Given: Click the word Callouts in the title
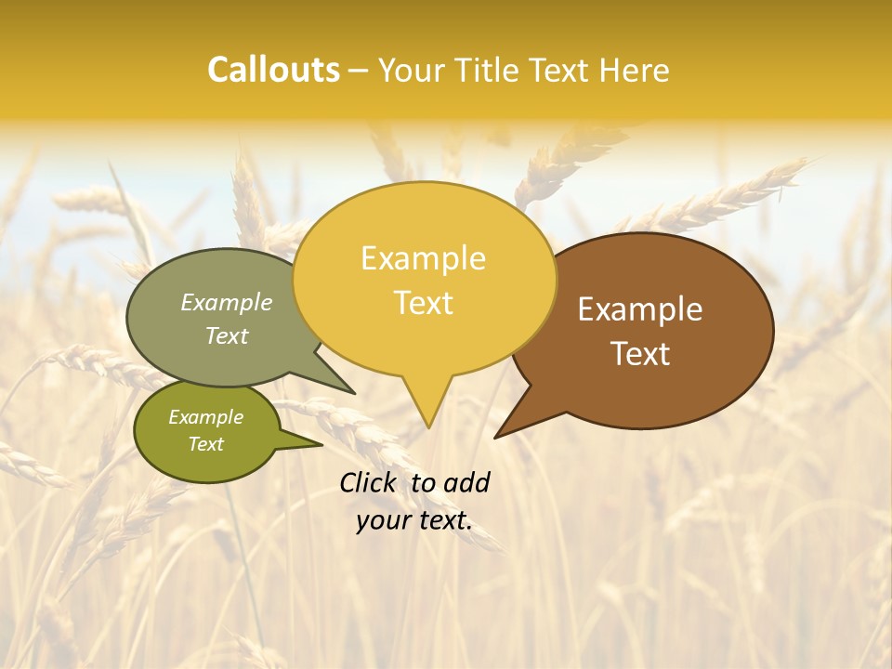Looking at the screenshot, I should pos(273,70).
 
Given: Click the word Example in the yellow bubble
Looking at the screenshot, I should pos(423,258).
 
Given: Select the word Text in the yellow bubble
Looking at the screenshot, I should pos(423,303).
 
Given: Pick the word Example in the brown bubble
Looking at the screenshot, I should pos(640,309).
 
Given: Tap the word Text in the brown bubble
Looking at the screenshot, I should pos(640,354).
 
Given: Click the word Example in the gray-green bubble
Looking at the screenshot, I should pos(227,303).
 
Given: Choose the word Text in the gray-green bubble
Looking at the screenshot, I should pos(227,335).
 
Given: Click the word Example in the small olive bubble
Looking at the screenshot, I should pos(205,417).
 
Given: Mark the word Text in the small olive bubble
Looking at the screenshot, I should pos(205,444).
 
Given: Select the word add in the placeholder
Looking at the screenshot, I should pos(466,482).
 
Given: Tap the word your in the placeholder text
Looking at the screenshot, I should pos(382,521).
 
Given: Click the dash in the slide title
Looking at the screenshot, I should pos(360,71).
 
